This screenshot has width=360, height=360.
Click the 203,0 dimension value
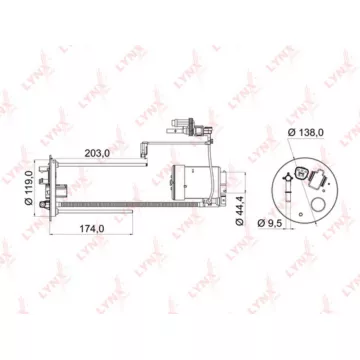97,154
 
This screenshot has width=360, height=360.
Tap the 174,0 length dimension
92,229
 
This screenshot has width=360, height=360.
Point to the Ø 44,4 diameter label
240,211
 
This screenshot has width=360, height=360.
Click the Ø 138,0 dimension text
306,132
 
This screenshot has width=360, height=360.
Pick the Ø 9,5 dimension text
270,223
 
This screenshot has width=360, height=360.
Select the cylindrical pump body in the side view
197,182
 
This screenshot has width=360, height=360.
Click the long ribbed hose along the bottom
130,204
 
